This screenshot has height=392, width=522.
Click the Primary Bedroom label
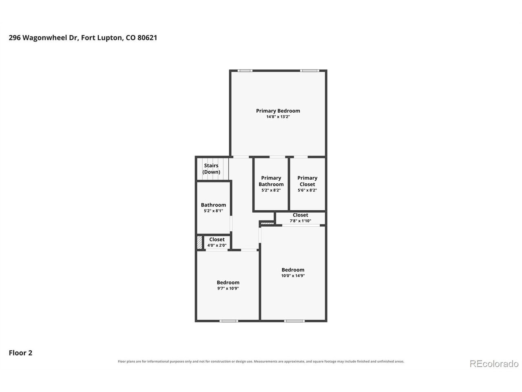(x=278, y=111)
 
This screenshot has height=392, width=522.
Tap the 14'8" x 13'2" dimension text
(x=278, y=117)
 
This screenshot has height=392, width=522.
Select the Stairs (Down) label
(x=211, y=169)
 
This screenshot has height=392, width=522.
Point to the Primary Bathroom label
(x=271, y=181)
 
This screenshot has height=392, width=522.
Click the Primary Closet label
(x=307, y=181)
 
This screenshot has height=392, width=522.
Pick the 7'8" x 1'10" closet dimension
(x=301, y=220)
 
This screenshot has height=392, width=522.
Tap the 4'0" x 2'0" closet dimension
(x=217, y=245)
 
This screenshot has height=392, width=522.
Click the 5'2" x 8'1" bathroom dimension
(x=213, y=211)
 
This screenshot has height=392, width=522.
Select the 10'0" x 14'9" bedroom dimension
(x=293, y=276)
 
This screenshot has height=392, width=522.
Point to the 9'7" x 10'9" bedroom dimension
(x=228, y=288)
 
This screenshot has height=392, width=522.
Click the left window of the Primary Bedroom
(x=245, y=71)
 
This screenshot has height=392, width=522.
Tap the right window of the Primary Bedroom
(x=310, y=71)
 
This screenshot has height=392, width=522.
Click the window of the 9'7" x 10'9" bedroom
(x=228, y=321)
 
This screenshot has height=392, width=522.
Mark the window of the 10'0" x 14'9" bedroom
(x=294, y=321)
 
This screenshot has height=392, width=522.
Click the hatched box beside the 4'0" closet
(x=199, y=242)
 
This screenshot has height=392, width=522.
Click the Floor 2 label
(x=20, y=353)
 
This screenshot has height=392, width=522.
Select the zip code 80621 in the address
(x=147, y=38)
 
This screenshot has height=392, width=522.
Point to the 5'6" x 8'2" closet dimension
(x=307, y=190)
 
